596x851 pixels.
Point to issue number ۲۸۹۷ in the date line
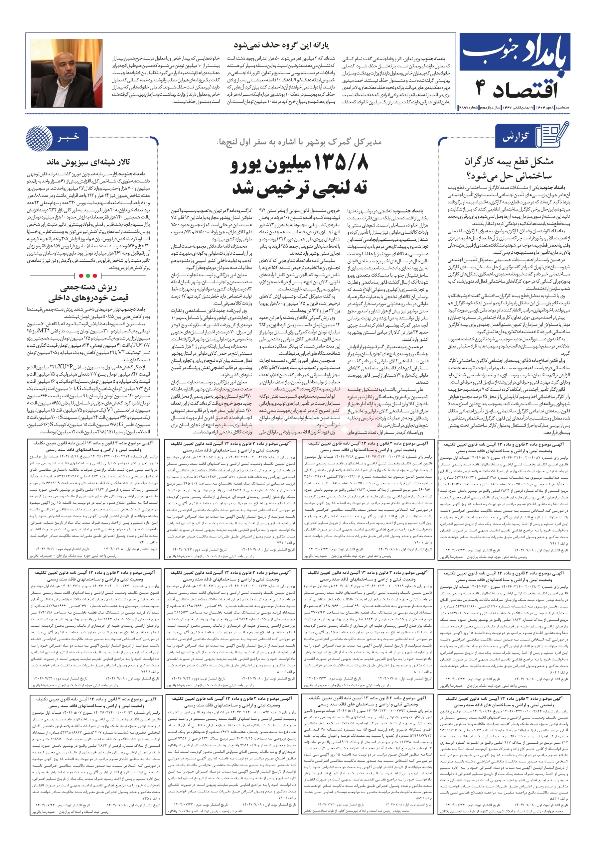[x=466, y=107]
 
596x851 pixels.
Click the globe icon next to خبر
[x=39, y=138]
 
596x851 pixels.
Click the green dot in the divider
[x=88, y=276]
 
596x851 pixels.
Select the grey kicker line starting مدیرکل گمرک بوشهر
[x=300, y=142]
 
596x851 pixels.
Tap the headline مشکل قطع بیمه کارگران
[x=509, y=162]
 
